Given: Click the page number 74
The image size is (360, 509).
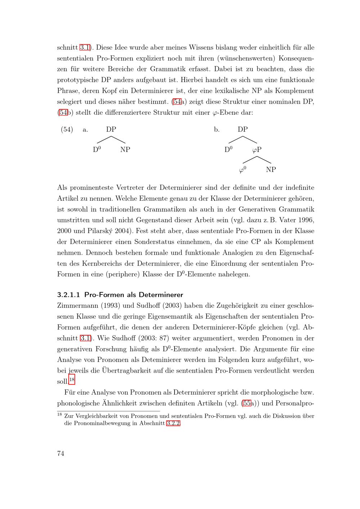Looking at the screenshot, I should [x=60, y=453].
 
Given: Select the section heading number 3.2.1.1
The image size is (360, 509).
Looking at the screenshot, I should [x=68, y=295].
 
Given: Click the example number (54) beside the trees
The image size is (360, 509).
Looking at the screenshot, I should [x=67, y=129].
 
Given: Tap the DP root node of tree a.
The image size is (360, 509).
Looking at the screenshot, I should [x=111, y=129].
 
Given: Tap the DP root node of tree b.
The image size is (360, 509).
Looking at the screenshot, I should [x=243, y=129].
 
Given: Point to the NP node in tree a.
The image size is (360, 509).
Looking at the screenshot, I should [x=125, y=150].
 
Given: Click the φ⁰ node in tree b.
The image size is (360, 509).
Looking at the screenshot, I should [x=243, y=169].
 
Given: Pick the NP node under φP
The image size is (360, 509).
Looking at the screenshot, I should [x=271, y=169].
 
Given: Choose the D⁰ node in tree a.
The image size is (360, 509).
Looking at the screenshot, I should [x=97, y=149].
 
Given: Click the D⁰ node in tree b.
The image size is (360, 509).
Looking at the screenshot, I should [x=229, y=149].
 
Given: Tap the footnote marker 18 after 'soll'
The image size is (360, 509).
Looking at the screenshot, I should [x=72, y=380].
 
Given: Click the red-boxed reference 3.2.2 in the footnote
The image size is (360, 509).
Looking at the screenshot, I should [x=173, y=423].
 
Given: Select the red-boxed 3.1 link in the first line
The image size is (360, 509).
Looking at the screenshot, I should [x=85, y=47].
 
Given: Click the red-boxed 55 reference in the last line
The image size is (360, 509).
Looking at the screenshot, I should [x=247, y=403].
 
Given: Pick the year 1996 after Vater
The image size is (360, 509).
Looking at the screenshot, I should [x=306, y=220].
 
